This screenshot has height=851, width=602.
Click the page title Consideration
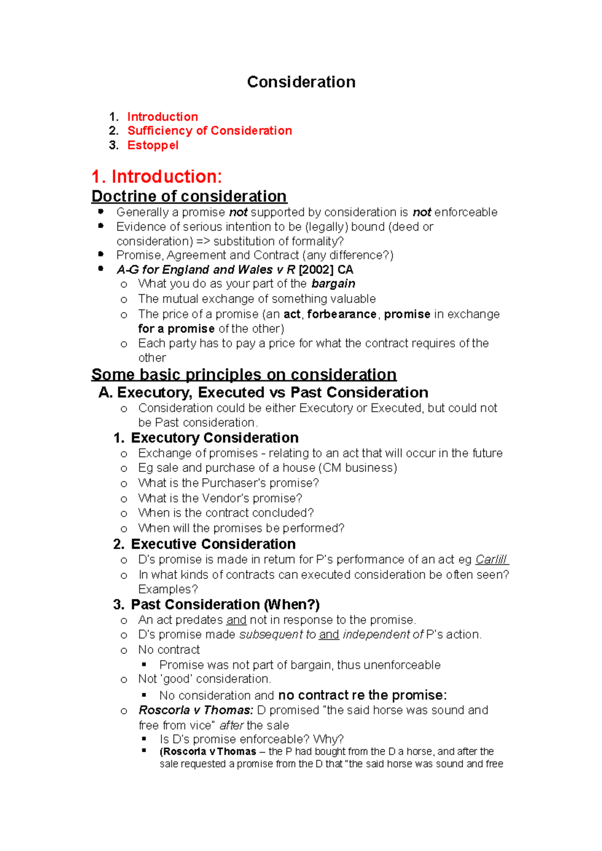click(301, 82)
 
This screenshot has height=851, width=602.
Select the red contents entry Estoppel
click(153, 145)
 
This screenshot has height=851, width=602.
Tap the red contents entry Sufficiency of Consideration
click(209, 131)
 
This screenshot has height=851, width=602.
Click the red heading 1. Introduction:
click(157, 176)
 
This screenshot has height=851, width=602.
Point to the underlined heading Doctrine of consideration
click(189, 196)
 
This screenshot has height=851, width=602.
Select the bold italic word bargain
click(333, 284)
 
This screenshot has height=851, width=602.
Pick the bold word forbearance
click(342, 314)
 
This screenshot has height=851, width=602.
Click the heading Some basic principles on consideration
click(244, 374)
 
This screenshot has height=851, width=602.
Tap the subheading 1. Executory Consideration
click(206, 438)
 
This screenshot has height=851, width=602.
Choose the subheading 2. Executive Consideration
click(204, 544)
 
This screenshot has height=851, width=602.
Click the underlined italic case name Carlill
click(491, 559)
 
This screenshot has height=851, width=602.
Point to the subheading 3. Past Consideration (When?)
click(216, 604)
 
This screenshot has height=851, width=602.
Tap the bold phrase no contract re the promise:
click(362, 695)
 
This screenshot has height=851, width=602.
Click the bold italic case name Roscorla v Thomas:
click(196, 710)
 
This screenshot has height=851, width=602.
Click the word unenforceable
click(402, 665)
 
